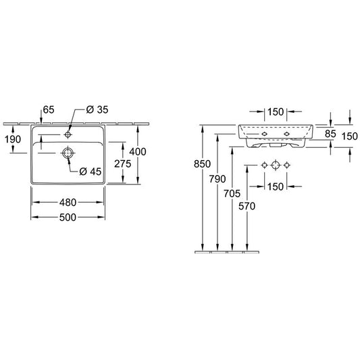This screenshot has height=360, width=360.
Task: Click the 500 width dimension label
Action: (68, 217)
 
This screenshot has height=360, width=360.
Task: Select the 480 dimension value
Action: (68, 203)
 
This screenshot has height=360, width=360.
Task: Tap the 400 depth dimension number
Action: (138, 152)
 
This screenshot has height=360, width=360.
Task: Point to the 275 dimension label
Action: (123, 164)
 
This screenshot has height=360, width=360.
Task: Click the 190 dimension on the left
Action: (13, 139)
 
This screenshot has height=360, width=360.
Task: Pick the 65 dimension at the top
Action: (49, 109)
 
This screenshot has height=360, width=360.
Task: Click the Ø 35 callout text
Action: (97, 109)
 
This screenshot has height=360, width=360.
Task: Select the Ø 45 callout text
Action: (91, 172)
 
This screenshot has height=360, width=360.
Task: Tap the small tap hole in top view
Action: (68, 134)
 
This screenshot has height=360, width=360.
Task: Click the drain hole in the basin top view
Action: (68, 153)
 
